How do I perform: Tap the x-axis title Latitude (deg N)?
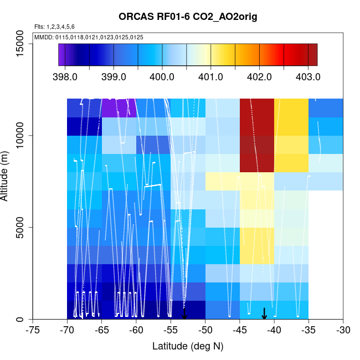point(188,346)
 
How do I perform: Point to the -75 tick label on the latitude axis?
point(33,331)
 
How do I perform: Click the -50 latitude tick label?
point(205,331)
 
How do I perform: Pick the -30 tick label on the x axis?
point(343,331)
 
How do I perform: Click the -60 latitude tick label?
point(136,331)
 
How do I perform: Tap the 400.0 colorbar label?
point(163,76)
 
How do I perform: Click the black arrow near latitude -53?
point(184,313)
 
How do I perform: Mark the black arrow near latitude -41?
point(264,313)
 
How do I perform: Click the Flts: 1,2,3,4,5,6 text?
point(54,27)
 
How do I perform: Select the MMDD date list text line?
point(89,37)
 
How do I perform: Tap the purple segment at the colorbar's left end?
point(61,55)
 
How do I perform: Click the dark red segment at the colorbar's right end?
point(313,55)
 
